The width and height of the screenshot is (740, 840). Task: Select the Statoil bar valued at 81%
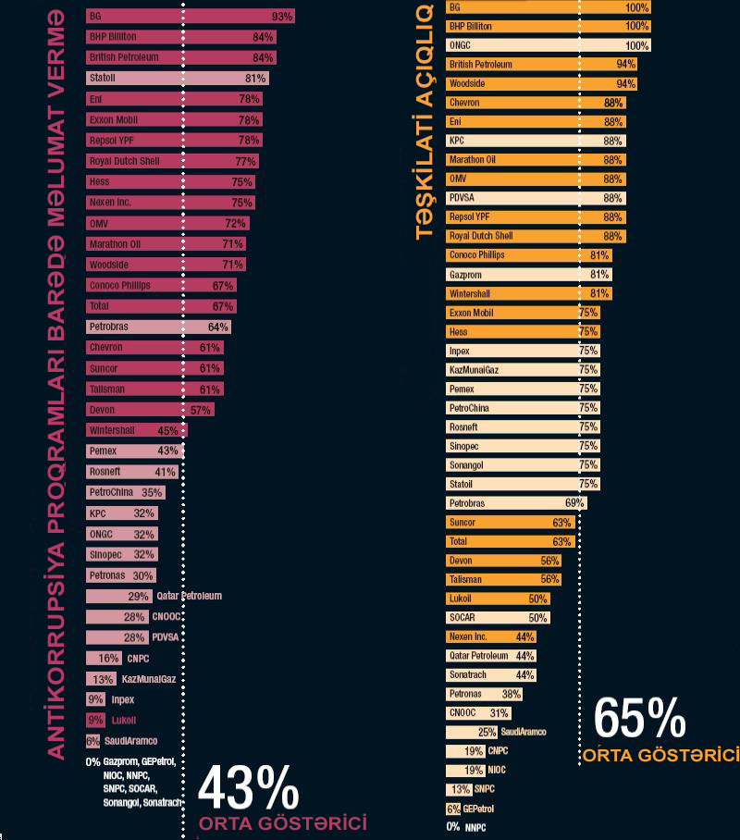coord(177,79)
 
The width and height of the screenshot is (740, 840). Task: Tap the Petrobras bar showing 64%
coord(158,327)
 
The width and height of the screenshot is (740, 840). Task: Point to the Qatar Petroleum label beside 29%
coord(189,597)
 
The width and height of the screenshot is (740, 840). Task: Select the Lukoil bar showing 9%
coord(95,720)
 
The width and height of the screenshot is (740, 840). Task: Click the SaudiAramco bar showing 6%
coord(92,741)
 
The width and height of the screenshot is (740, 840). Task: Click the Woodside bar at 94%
coord(541,83)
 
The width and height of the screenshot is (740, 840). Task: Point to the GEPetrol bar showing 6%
coord(452,809)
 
